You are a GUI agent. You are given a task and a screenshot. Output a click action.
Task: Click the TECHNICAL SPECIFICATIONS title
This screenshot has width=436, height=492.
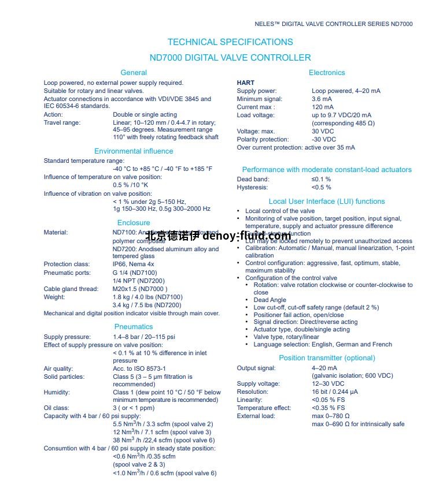(x=230, y=42)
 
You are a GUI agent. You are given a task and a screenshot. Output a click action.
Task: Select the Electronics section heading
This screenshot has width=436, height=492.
(x=327, y=73)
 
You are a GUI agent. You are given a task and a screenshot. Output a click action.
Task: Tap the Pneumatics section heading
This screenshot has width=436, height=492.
(x=134, y=327)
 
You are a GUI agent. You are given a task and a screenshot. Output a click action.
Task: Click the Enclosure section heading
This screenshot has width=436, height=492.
(x=134, y=223)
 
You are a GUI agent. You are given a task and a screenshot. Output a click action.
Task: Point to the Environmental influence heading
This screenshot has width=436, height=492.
(x=134, y=151)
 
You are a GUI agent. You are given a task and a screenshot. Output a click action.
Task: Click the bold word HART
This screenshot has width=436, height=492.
(x=245, y=83)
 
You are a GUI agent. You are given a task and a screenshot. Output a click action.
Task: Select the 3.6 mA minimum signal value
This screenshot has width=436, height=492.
(x=322, y=99)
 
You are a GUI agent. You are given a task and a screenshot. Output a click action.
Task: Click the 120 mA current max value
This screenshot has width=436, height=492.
(x=323, y=107)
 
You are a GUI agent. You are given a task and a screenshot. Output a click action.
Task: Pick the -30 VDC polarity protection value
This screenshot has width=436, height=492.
(x=324, y=140)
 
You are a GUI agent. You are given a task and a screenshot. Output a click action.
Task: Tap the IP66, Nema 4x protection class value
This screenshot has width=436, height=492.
(x=133, y=264)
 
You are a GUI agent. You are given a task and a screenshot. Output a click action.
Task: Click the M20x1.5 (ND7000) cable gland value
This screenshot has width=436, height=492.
(x=140, y=289)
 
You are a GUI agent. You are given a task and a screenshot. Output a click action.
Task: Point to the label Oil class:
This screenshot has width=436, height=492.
(x=56, y=408)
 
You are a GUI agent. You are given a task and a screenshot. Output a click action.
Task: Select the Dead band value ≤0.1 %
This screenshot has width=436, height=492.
(x=321, y=180)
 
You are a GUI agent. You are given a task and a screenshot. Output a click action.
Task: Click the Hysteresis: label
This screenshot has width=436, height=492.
(x=253, y=188)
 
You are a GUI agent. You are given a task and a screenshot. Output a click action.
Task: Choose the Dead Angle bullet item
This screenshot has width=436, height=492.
(x=269, y=300)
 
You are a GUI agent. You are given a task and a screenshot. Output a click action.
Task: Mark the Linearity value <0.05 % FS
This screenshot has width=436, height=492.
(x=328, y=400)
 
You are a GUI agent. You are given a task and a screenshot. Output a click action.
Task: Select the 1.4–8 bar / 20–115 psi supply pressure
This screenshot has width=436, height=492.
(x=144, y=337)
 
